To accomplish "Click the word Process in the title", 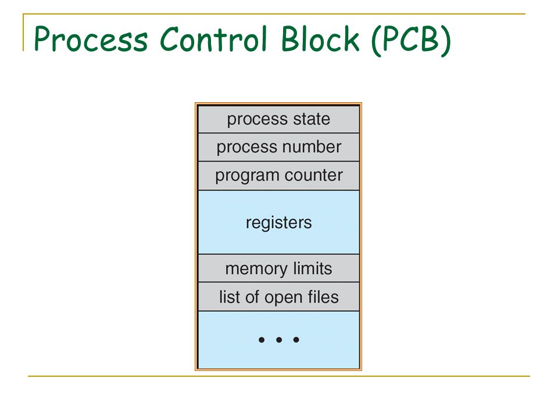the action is (x=91, y=39).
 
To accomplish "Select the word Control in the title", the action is (x=213, y=38).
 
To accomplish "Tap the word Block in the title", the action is (x=320, y=38).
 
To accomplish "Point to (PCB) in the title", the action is (x=411, y=40).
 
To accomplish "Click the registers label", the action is (x=278, y=223).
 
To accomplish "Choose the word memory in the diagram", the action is (x=256, y=269).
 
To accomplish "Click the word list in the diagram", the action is (x=229, y=297).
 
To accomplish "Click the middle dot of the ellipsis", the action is (x=279, y=340).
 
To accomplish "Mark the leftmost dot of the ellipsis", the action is (x=262, y=340).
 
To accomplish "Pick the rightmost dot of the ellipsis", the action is (x=296, y=340).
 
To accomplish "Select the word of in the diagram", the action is (x=252, y=297).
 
